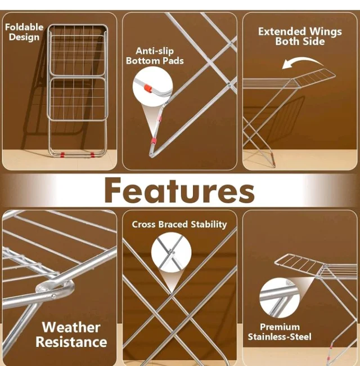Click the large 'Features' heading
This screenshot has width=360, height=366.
(x=179, y=190)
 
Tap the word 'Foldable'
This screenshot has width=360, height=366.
(x=24, y=27)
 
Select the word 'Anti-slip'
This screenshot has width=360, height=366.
(x=155, y=51)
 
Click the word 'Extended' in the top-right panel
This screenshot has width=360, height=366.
(x=282, y=32)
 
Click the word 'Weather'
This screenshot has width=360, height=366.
(x=71, y=327)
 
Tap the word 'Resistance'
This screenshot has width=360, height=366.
(x=71, y=342)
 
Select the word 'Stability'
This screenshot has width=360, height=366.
(x=209, y=225)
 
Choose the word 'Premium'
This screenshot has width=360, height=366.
(x=280, y=327)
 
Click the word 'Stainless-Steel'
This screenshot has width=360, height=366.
(x=280, y=337)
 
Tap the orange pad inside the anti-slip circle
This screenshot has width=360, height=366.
(x=148, y=88)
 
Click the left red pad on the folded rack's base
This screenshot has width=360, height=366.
(x=62, y=154)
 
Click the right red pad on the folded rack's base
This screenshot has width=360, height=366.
(x=92, y=154)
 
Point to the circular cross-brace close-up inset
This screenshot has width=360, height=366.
(x=171, y=252)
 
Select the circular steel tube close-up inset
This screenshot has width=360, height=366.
(x=280, y=297)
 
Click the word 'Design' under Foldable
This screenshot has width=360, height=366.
(x=24, y=37)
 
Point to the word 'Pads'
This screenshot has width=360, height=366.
(x=173, y=61)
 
